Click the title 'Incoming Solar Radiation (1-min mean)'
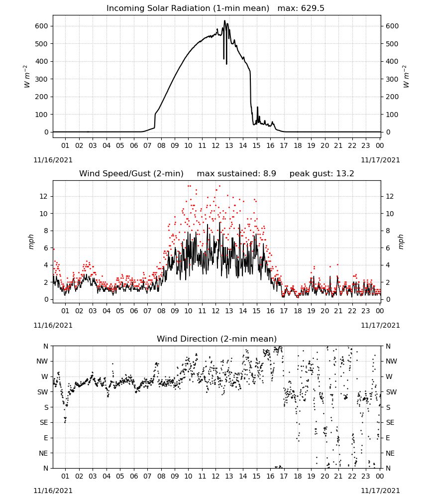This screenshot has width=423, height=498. [188, 8]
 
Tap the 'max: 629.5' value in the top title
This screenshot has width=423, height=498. [301, 8]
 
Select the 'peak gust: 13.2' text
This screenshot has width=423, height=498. [321, 174]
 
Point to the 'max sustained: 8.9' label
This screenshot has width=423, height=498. [236, 174]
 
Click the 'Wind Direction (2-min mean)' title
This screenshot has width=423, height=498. [217, 339]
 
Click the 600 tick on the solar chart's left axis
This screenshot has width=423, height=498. [41, 26]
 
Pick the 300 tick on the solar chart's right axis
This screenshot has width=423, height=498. [392, 79]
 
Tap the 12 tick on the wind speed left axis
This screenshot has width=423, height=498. [44, 196]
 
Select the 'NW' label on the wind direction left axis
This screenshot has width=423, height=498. [42, 361]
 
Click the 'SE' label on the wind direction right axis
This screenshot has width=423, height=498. [390, 422]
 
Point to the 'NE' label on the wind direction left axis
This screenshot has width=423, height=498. [43, 453]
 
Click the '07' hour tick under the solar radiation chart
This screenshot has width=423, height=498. [147, 145]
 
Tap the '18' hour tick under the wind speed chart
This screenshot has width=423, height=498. [298, 311]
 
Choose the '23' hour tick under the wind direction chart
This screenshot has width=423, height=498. [366, 476]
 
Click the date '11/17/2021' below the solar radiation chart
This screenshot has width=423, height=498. [380, 160]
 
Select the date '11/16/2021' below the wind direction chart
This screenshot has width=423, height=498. [53, 491]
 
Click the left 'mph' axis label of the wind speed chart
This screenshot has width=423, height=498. [31, 242]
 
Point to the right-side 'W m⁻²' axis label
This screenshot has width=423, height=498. [406, 77]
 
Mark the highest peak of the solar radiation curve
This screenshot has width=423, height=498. [224, 20]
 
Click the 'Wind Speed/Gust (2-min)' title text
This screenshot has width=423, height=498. [131, 174]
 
